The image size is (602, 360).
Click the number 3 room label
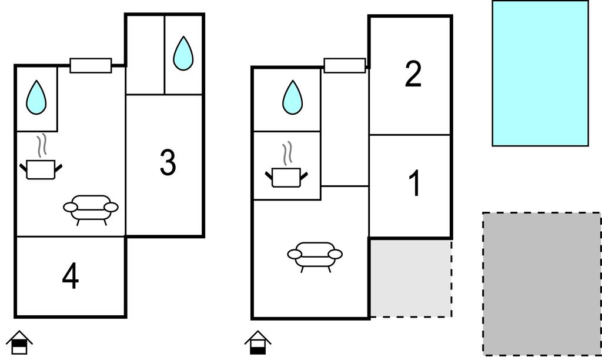coord(168,163)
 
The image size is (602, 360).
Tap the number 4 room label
coord(71,276)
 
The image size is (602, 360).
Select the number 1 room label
coord(414,184)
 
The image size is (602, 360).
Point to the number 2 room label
coord(413,75)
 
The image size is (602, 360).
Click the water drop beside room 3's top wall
coord(183,54)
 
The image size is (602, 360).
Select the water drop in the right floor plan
coord(292,97)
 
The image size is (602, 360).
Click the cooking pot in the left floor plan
coord(41,169)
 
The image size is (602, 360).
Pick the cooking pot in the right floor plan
coord(287,176)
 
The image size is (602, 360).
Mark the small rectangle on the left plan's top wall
coord(91,65)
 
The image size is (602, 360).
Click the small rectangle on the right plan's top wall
coord(345,65)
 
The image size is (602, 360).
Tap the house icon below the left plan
coord(19,342)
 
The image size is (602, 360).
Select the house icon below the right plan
coord(257,342)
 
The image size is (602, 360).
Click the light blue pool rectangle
coord(540,73)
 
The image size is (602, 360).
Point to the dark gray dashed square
coord(541,284)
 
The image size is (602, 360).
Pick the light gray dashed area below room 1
coord(410,278)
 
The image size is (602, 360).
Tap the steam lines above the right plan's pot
coord(287,153)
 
